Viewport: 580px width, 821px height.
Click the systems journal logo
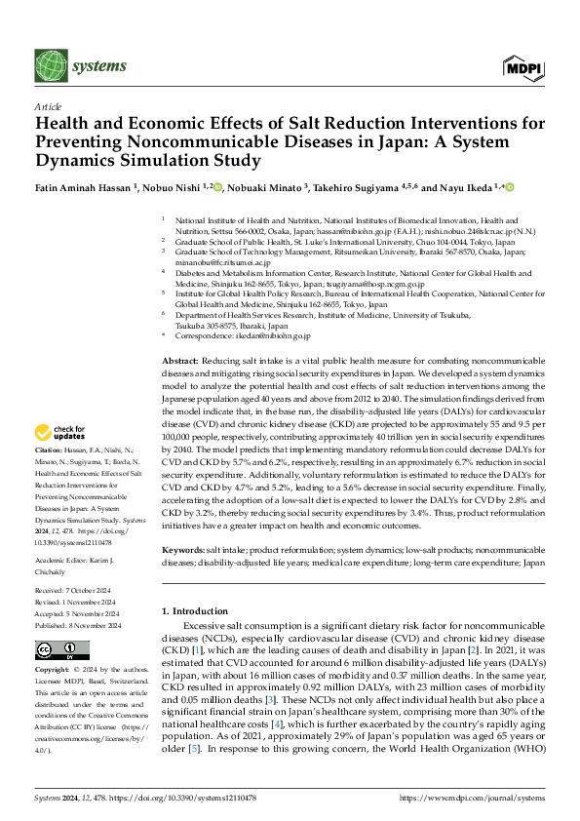coord(82,66)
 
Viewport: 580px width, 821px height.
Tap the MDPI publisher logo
coord(522,66)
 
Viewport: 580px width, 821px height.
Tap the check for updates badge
coord(61,432)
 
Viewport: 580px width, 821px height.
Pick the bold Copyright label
coord(53,672)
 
